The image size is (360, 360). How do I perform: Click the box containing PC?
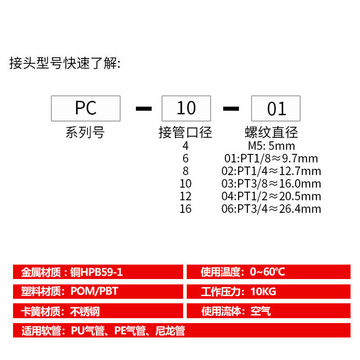pyautogui.click(x=85, y=108)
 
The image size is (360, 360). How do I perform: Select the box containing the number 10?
pyautogui.click(x=186, y=108)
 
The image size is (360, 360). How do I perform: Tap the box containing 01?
pyautogui.click(x=276, y=108)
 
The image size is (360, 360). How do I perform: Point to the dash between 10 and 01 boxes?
pyautogui.click(x=231, y=108)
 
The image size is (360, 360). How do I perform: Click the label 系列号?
pyautogui.click(x=85, y=133)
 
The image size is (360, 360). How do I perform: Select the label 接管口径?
pyautogui.click(x=185, y=133)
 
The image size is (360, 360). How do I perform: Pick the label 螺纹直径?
pyautogui.click(x=271, y=133)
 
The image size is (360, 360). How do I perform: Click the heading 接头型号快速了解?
pyautogui.click(x=65, y=63)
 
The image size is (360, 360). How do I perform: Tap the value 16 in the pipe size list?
pyautogui.click(x=185, y=209)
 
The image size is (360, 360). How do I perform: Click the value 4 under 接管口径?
pyautogui.click(x=185, y=146)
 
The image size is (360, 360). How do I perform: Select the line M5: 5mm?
pyautogui.click(x=271, y=146)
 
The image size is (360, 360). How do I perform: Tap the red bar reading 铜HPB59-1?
pyautogui.click(x=98, y=272)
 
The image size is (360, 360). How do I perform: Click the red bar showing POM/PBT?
pyautogui.click(x=98, y=291)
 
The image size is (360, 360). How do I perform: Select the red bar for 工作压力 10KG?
pyautogui.click(x=268, y=291)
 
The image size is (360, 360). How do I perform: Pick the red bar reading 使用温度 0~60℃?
pyautogui.click(x=268, y=272)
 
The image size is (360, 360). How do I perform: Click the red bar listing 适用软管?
pyautogui.click(x=181, y=331)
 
